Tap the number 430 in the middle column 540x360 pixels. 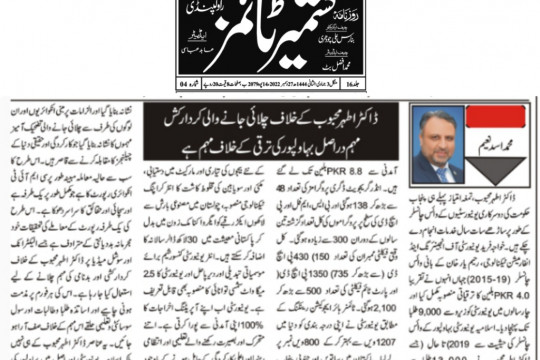click(x=324, y=255)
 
